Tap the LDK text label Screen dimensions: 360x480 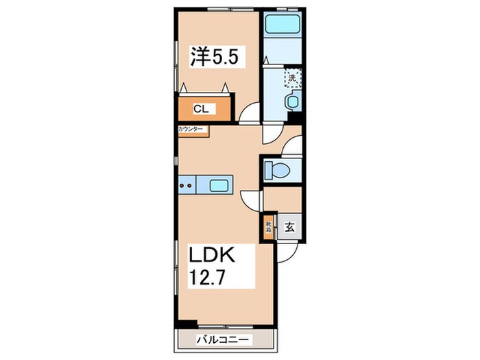pyautogui.click(x=213, y=256)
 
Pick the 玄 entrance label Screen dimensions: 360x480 pyautogui.click(x=289, y=228)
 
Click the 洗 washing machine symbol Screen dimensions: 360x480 pyautogui.click(x=293, y=78)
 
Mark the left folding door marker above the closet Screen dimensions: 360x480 pyautogui.click(x=185, y=86)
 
